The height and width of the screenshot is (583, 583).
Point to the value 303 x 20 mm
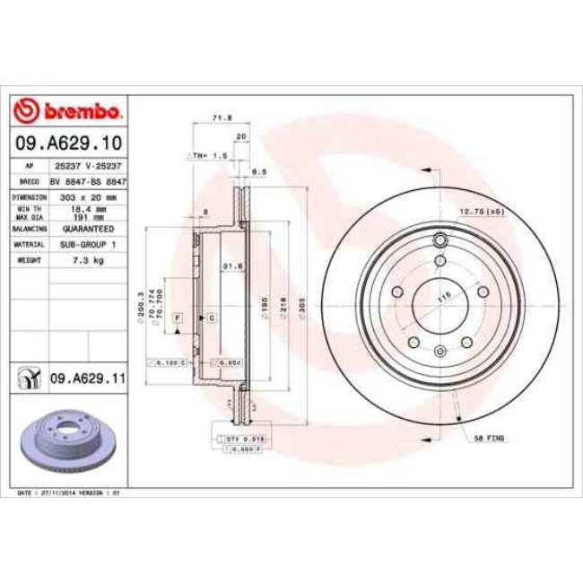(87, 196)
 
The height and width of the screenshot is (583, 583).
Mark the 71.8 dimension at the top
(217, 117)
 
